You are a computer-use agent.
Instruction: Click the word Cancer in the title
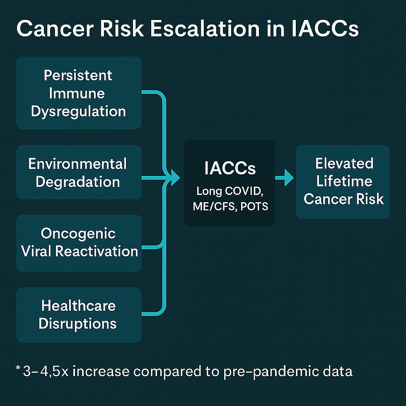tap(55, 29)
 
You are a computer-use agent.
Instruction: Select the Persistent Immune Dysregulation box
tap(79, 93)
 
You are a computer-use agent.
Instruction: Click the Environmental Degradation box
tap(79, 172)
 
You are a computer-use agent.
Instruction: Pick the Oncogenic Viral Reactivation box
tap(79, 243)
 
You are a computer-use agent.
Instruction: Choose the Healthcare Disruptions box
tap(79, 315)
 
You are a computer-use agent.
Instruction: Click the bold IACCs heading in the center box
tap(230, 168)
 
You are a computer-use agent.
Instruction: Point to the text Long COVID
tap(230, 191)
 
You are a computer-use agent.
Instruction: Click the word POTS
tap(254, 206)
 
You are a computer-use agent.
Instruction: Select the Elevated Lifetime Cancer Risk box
tap(343, 182)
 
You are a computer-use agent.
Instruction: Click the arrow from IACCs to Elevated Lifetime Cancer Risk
tap(284, 178)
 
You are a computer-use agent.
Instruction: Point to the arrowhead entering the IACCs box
tap(174, 178)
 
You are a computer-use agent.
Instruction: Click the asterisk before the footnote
tap(18, 368)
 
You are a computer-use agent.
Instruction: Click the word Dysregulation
tap(78, 111)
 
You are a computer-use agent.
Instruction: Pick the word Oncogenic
tap(78, 234)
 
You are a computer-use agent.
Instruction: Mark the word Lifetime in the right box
tap(344, 181)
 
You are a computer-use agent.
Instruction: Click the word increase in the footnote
tap(101, 371)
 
